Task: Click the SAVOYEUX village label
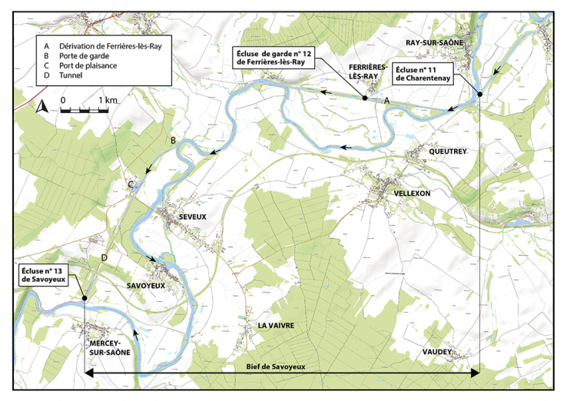pos(145,285)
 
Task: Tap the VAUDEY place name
pos(437,352)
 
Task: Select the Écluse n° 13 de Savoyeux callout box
pos(45,275)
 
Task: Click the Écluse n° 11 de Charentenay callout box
pos(423,75)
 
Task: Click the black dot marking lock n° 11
pos(479,94)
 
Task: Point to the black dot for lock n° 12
pos(364,98)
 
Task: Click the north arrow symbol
pos(43,107)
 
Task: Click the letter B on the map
pos(174,140)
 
